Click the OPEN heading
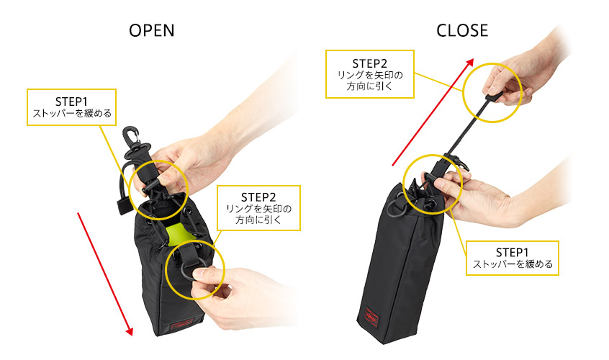151,31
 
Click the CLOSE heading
462,31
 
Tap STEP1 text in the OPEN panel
71,102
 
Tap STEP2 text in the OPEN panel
258,197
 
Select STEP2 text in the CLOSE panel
370,63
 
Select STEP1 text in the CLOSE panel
512,253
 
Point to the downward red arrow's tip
131,335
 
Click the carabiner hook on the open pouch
133,140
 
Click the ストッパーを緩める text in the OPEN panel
72,113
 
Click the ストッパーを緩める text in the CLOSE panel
513,264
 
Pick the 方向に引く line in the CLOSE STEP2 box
370,86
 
